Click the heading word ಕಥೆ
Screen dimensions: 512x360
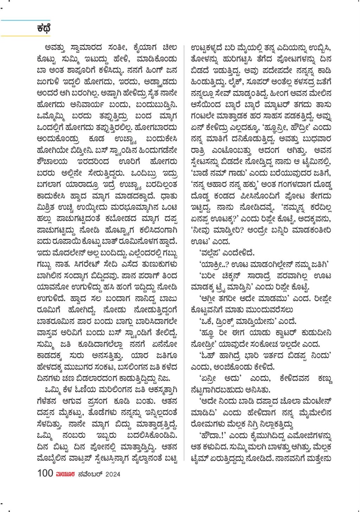[44, 28]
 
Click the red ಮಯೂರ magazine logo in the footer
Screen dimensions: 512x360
[65, 474]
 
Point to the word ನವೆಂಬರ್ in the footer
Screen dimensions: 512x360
[90, 474]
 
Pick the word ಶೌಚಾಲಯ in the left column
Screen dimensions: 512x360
[52, 161]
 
